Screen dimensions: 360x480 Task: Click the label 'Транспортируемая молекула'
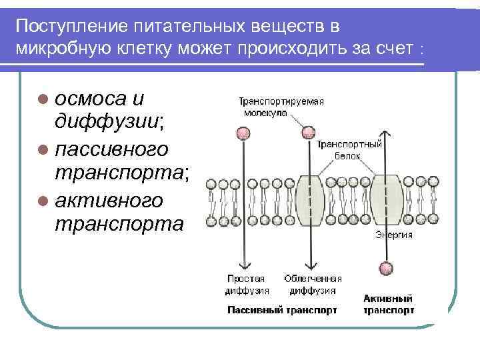pos(281,107)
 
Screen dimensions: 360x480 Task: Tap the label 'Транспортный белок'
pos(349,149)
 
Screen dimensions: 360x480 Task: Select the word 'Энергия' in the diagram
pos(393,235)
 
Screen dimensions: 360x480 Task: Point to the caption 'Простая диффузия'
pos(246,285)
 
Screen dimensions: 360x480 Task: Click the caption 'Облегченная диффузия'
pos(313,285)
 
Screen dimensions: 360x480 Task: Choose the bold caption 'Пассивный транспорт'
pos(282,310)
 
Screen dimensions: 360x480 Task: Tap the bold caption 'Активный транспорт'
pos(389,305)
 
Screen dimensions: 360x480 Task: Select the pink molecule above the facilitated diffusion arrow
pos(308,132)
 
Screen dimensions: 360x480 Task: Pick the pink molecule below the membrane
pos(385,269)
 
